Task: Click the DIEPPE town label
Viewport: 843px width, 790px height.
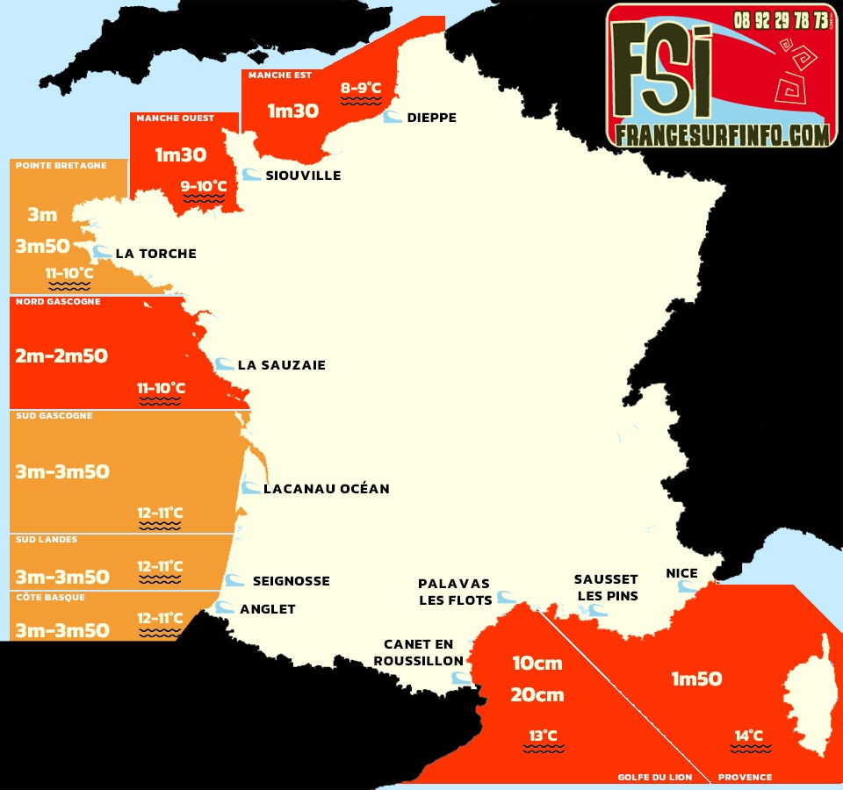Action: [431, 118]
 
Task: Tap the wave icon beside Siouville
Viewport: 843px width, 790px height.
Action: [251, 175]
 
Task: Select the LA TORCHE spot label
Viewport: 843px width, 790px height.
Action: [155, 254]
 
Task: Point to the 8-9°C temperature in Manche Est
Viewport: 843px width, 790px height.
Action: [361, 88]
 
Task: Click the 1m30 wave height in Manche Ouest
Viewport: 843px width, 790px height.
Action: [181, 155]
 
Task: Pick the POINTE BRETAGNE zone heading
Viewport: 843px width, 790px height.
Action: [61, 166]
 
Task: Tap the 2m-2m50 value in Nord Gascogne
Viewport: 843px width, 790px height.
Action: [62, 355]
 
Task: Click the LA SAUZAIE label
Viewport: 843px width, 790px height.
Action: [281, 365]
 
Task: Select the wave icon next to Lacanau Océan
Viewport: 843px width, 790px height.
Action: [251, 487]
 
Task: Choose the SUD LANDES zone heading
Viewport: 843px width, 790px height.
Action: [47, 540]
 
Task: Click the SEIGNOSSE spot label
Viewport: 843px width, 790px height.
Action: [291, 581]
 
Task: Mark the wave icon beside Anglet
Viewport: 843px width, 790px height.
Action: [225, 607]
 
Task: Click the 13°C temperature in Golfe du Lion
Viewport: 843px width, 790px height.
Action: [543, 736]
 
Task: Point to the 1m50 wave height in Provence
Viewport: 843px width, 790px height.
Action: [696, 679]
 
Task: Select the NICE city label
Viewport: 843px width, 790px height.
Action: [681, 573]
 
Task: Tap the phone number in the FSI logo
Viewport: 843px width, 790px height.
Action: [781, 19]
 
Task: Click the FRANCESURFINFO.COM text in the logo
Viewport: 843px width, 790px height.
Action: [722, 134]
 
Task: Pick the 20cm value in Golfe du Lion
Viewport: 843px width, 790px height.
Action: [537, 695]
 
